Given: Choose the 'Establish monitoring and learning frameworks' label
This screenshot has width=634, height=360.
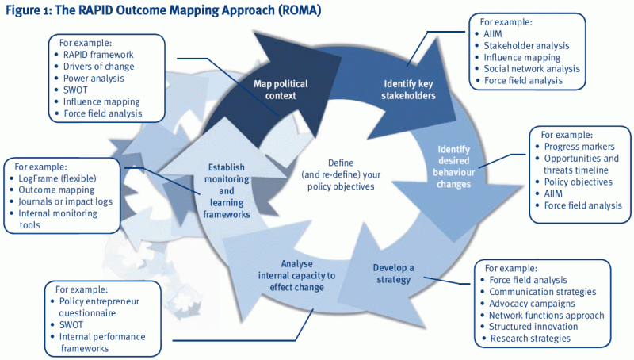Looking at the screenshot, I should (x=227, y=191).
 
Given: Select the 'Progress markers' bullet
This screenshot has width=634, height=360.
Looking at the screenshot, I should (x=580, y=147).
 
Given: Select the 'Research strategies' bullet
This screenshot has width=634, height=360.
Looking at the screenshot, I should (x=530, y=339).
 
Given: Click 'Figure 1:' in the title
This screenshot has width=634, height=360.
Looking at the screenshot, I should (x=29, y=12).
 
